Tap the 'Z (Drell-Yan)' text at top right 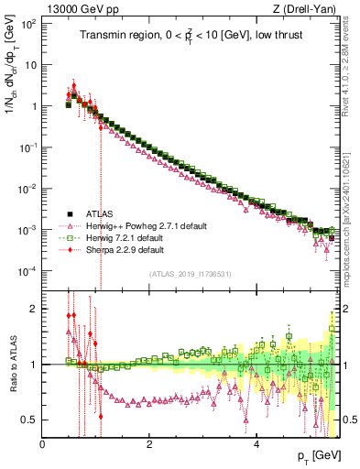tap(309, 8)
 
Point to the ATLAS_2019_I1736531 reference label tap(191, 273)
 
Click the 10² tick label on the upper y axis tap(28, 23)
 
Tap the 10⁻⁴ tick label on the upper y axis tap(27, 271)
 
